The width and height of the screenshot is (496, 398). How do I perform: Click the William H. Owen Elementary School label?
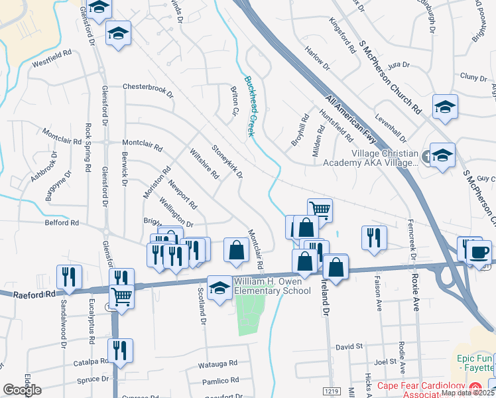pos(272,287)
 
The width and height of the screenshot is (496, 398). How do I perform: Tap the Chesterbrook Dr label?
pos(147,88)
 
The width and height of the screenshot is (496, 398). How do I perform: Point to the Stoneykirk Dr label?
pos(227,162)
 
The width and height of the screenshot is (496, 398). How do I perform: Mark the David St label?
pos(349,346)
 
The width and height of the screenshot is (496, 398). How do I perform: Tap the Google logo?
pos(22,390)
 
